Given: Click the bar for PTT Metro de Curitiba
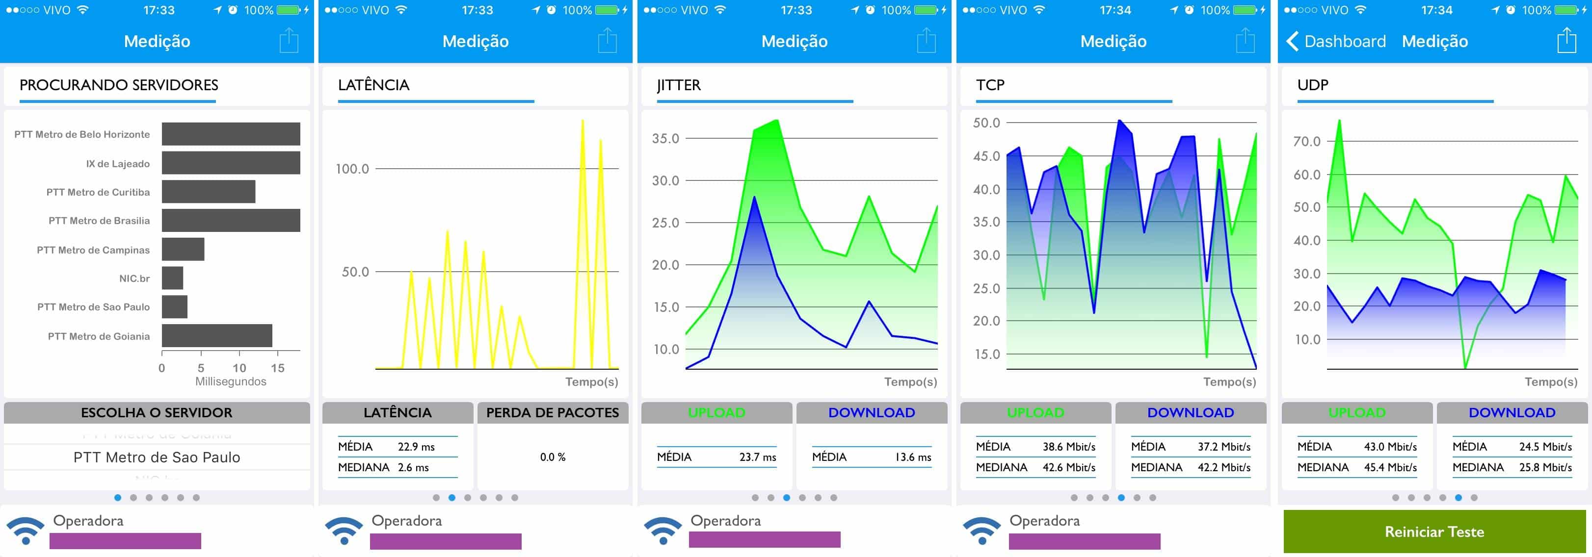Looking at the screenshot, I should pyautogui.click(x=208, y=191).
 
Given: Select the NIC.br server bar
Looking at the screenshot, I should pyautogui.click(x=172, y=278).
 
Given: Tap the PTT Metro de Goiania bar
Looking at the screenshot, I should pyautogui.click(x=217, y=335).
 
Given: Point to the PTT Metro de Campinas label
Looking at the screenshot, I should pyautogui.click(x=93, y=250).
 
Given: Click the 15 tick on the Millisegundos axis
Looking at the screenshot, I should pyautogui.click(x=277, y=368).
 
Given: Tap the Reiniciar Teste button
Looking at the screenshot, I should pyautogui.click(x=1434, y=532).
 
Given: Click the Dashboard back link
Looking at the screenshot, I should pyautogui.click(x=1336, y=41).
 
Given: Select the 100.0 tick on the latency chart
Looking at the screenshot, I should pyautogui.click(x=352, y=169).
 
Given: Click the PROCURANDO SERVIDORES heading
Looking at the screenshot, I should pyautogui.click(x=119, y=85).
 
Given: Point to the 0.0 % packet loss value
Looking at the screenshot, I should pyautogui.click(x=553, y=457).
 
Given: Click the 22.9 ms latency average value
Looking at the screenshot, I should pyautogui.click(x=416, y=447).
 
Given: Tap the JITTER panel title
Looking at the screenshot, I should pyautogui.click(x=679, y=85).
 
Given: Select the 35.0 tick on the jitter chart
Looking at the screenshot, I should pyautogui.click(x=665, y=138).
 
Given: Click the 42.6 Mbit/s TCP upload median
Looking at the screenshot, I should pyautogui.click(x=1068, y=467).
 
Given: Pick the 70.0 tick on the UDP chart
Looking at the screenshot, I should pyautogui.click(x=1306, y=141).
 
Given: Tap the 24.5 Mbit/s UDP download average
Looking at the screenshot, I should pyautogui.click(x=1545, y=447).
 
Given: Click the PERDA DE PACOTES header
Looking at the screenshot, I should pyautogui.click(x=553, y=412).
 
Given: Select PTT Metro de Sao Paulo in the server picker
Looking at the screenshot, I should pyautogui.click(x=157, y=457).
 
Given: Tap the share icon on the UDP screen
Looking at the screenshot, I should pyautogui.click(x=1566, y=41).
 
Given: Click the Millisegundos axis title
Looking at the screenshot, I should pyautogui.click(x=231, y=381).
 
